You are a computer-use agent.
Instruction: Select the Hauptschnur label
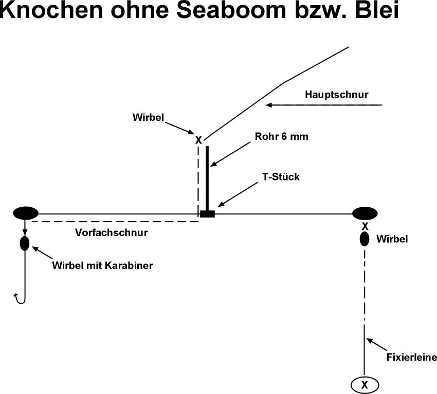pyautogui.click(x=337, y=95)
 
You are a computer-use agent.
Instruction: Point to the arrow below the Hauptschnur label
pyautogui.click(x=324, y=105)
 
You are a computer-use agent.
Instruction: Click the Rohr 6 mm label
pyautogui.click(x=282, y=137)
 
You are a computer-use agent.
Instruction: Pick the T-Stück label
pyautogui.click(x=281, y=177)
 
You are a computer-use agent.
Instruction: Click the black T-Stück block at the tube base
pyautogui.click(x=207, y=213)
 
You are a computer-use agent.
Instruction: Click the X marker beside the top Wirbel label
pyautogui.click(x=198, y=139)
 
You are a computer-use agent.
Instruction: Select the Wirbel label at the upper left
pyautogui.click(x=148, y=118)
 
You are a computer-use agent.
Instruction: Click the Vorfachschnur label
pyautogui.click(x=112, y=232)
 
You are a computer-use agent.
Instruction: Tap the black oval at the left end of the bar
pyautogui.click(x=26, y=212)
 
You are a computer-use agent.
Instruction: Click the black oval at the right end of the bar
pyautogui.click(x=365, y=212)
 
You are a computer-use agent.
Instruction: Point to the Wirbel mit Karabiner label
pyautogui.click(x=103, y=265)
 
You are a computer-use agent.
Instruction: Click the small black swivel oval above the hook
pyautogui.click(x=25, y=243)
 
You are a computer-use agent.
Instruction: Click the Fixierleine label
pyautogui.click(x=412, y=357)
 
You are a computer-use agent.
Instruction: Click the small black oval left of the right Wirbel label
pyautogui.click(x=365, y=239)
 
